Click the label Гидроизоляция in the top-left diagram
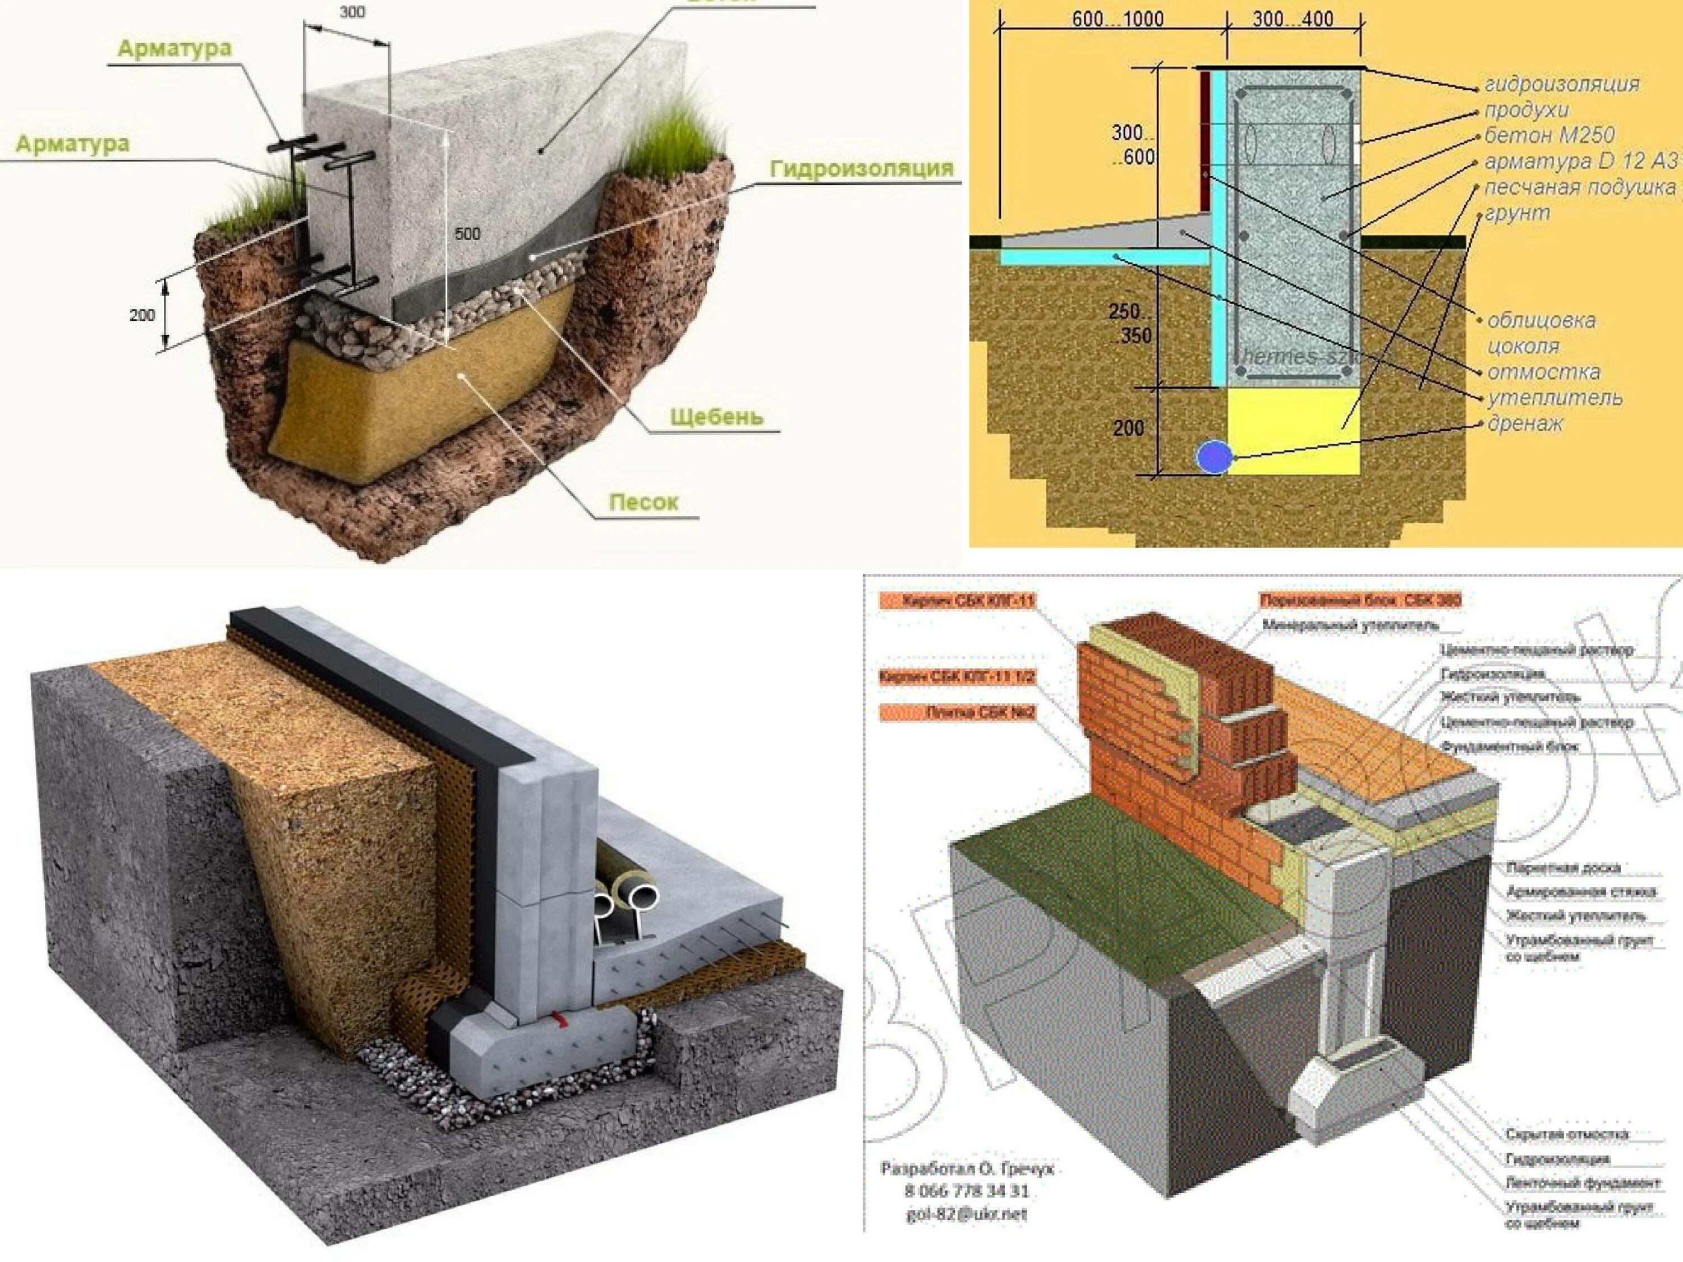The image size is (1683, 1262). click(x=861, y=169)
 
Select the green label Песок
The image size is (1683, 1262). click(x=643, y=502)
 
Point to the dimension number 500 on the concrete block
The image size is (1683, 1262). click(x=467, y=233)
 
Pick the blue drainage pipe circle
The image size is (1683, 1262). click(x=1213, y=457)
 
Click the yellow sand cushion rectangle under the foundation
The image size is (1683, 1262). click(x=1294, y=430)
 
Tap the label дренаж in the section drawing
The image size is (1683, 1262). click(x=1525, y=423)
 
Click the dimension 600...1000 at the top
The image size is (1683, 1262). click(x=1117, y=20)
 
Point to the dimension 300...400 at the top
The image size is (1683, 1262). click(x=1293, y=20)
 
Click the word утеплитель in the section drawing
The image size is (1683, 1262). click(x=1555, y=398)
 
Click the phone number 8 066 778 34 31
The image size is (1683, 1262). click(x=966, y=1191)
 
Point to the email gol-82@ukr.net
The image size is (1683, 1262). click(x=966, y=1214)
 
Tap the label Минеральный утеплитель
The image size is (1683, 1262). click(x=1350, y=625)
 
